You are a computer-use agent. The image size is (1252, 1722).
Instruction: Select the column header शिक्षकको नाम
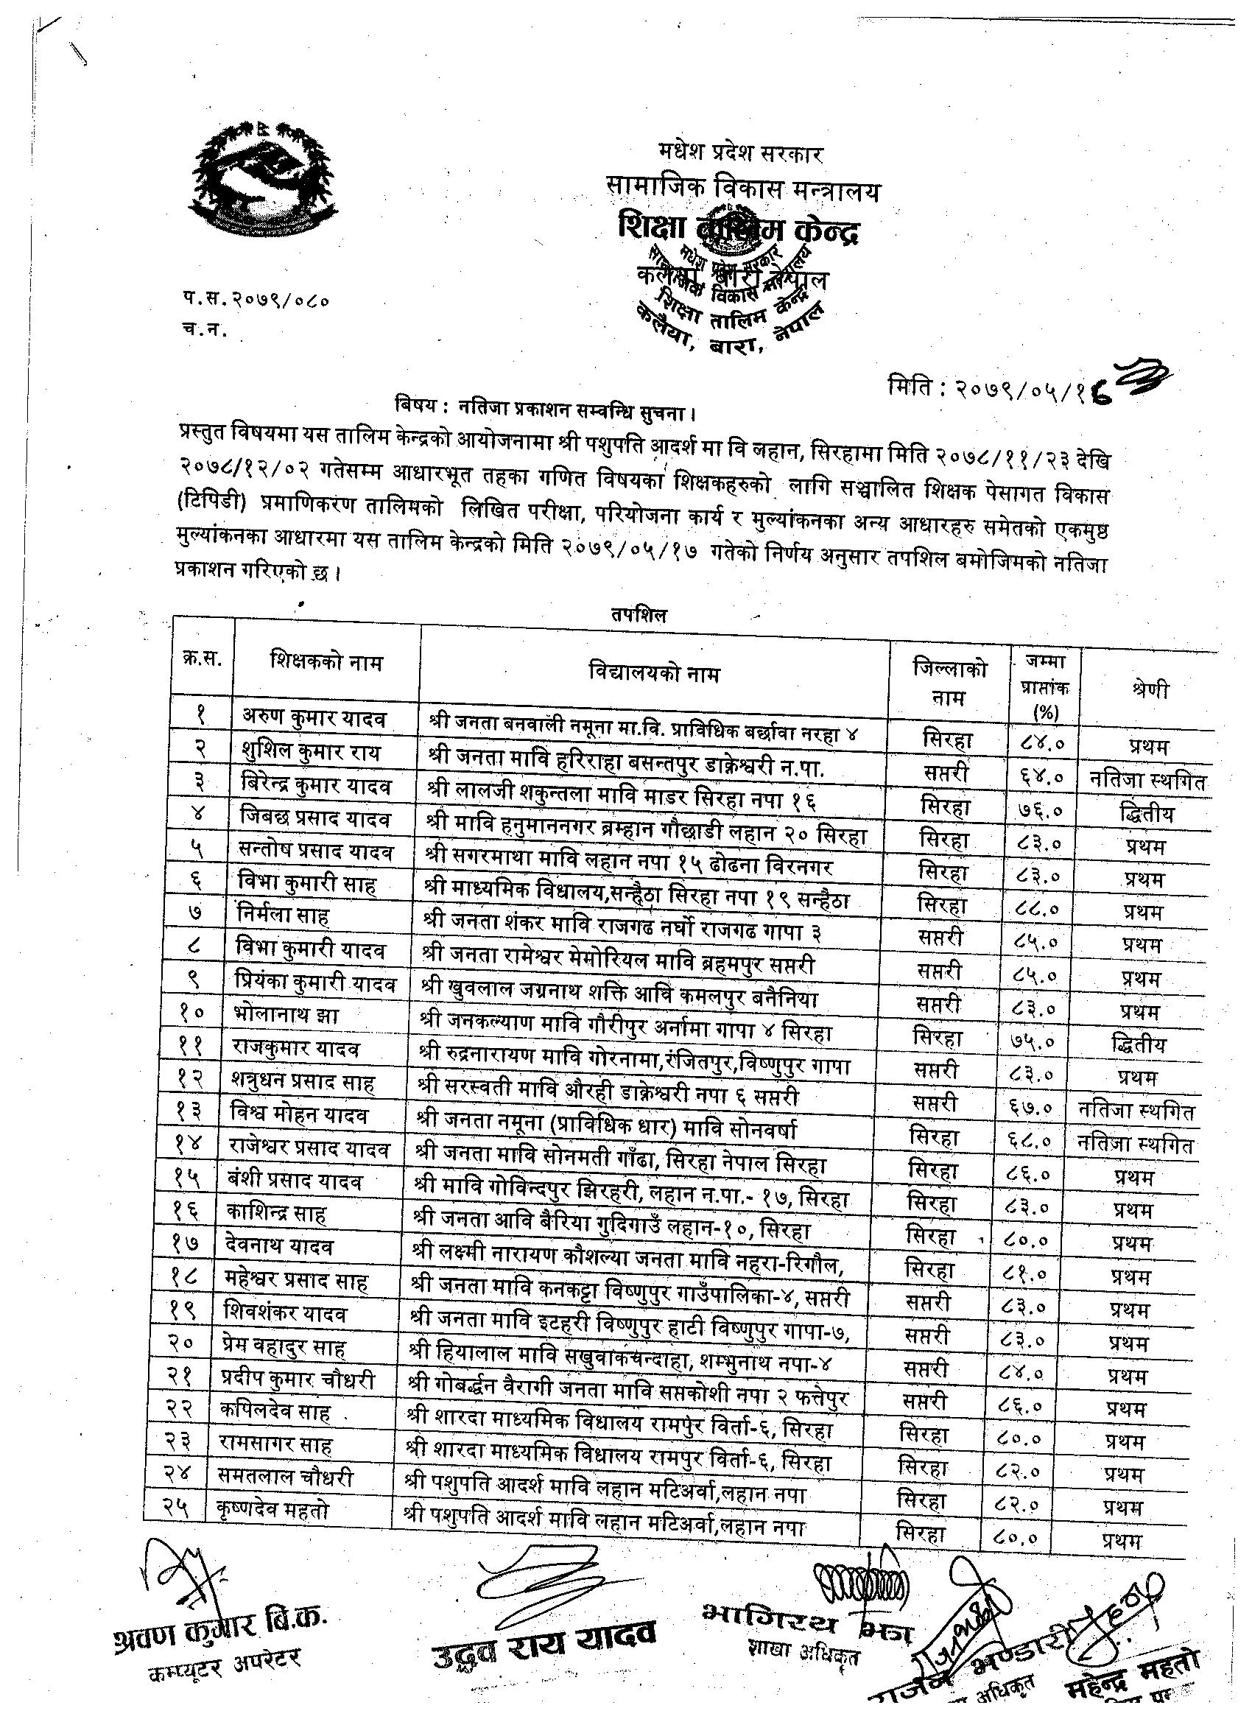[326, 663]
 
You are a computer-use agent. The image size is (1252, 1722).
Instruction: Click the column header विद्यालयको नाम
[654, 673]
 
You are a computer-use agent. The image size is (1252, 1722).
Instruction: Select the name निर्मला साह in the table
[284, 915]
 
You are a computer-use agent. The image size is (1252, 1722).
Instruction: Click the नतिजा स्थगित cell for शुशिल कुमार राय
[1147, 781]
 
